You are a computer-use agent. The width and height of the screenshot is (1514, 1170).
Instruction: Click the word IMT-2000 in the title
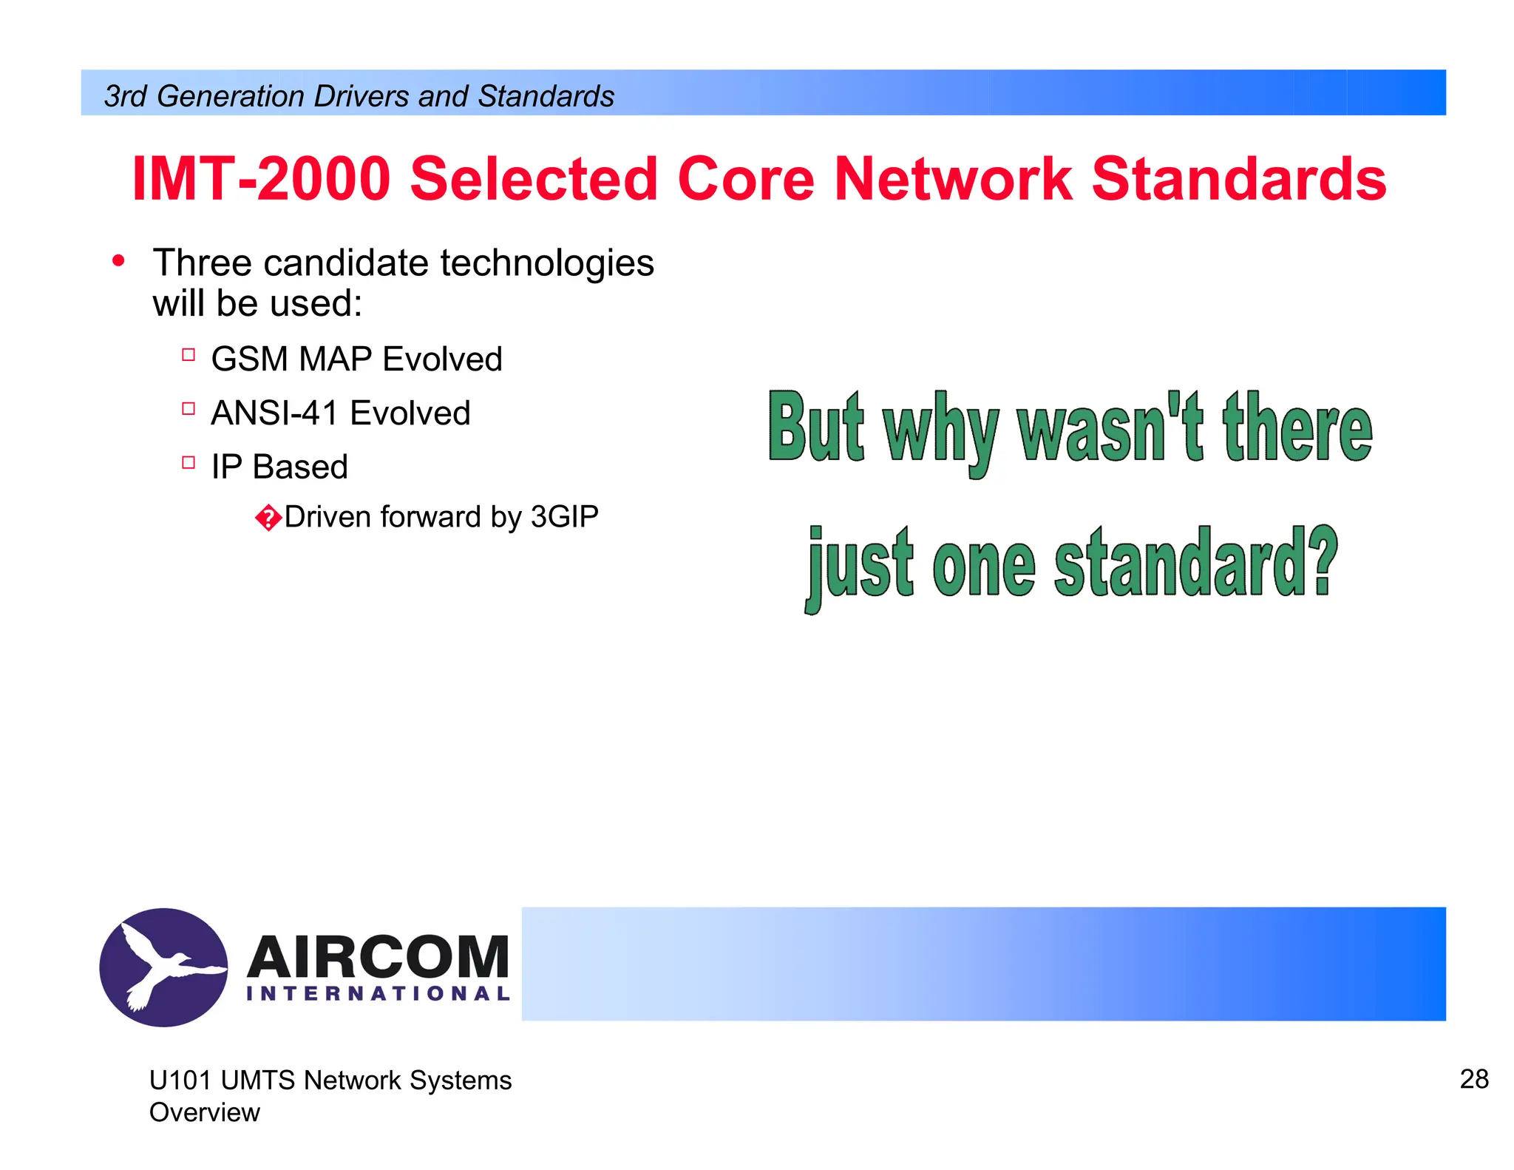click(260, 179)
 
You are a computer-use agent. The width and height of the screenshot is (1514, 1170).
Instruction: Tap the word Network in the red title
click(953, 179)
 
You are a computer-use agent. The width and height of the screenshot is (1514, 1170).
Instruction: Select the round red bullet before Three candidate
click(118, 261)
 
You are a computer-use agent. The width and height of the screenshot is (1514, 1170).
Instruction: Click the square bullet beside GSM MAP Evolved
click(189, 355)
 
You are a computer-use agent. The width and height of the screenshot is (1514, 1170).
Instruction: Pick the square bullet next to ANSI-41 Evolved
click(189, 409)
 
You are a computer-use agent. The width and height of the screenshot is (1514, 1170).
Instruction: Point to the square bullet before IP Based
click(189, 463)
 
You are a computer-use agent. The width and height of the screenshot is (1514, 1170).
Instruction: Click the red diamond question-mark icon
click(268, 518)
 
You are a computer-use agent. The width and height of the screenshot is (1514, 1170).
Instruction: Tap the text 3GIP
click(564, 516)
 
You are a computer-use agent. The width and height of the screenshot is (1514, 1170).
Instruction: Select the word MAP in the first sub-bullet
click(335, 359)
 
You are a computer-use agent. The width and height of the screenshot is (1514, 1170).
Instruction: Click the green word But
click(815, 427)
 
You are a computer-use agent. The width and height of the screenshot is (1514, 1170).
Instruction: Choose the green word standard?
click(1195, 564)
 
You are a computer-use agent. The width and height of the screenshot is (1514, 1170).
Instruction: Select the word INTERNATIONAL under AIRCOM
click(378, 993)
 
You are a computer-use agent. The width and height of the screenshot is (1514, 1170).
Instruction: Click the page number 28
click(1473, 1079)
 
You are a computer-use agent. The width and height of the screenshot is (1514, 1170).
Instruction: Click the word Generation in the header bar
click(231, 96)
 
